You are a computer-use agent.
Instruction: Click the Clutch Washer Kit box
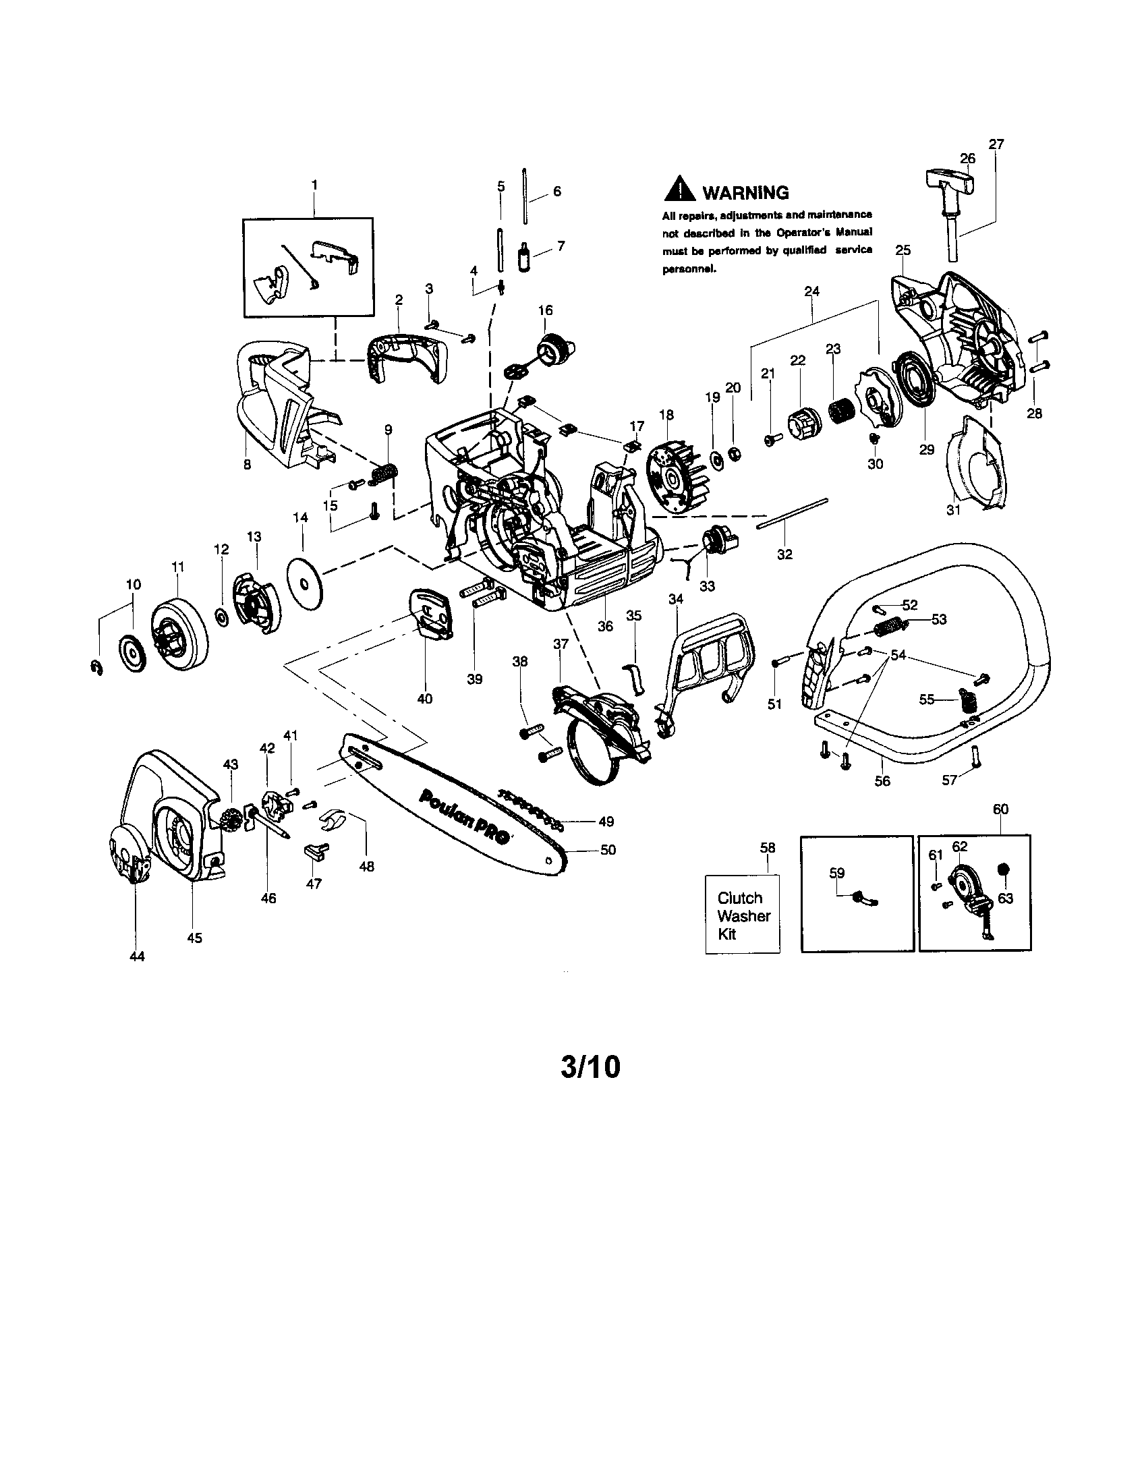pos(743,915)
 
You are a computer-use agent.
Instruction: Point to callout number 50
pos(608,850)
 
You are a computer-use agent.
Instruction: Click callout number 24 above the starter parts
pos(811,291)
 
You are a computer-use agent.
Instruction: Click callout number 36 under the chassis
pos(605,626)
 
